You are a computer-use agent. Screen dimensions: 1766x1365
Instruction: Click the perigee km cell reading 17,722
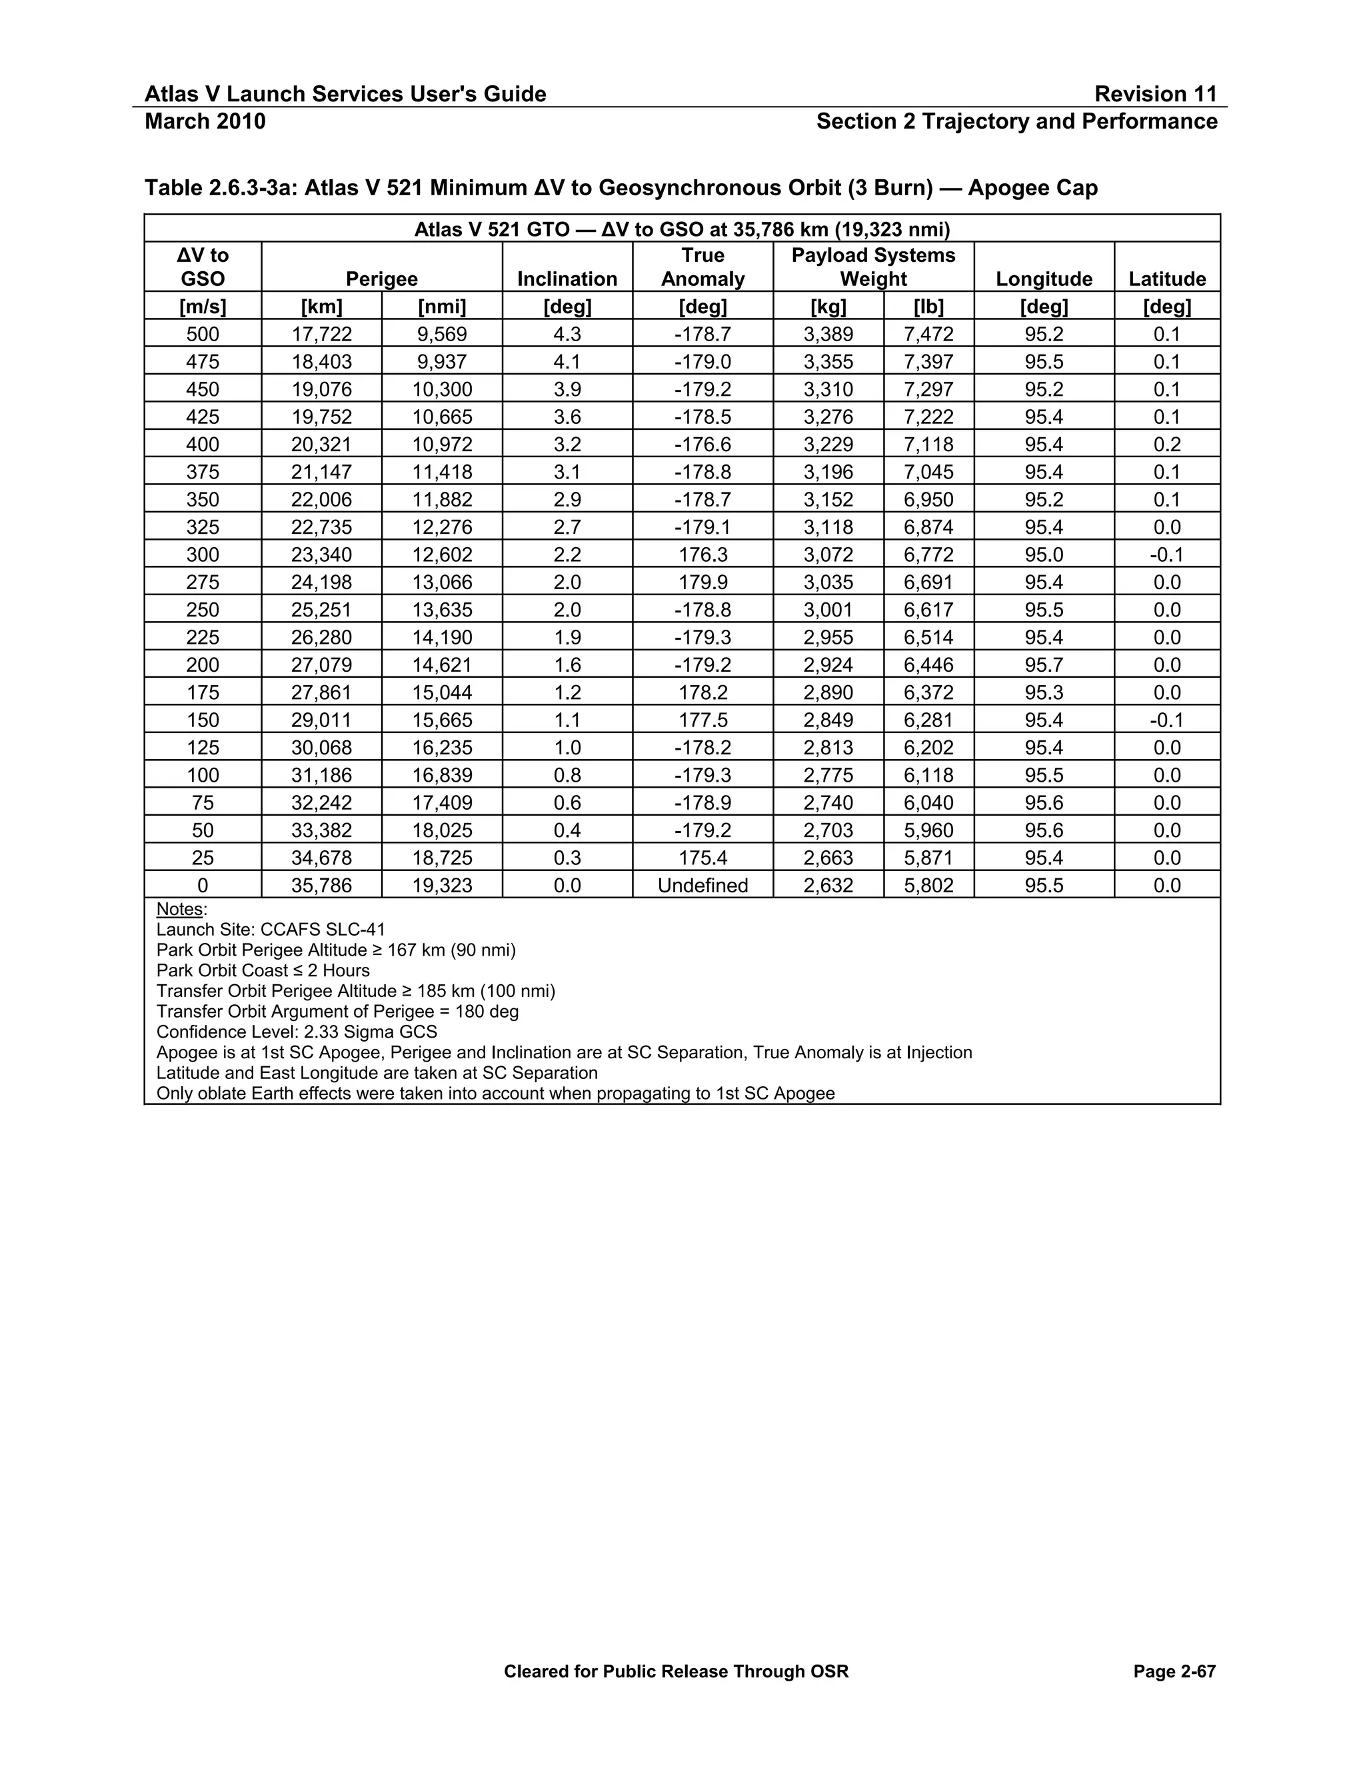tap(321, 334)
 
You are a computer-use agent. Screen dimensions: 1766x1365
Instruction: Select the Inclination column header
tap(567, 279)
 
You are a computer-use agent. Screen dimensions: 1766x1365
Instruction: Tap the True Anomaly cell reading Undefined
tap(702, 886)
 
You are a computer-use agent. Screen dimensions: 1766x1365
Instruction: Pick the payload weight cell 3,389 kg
tap(828, 334)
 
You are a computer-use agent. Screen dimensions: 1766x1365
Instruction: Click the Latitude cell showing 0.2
tap(1166, 444)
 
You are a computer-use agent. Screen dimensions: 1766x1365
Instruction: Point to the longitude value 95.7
tap(1043, 664)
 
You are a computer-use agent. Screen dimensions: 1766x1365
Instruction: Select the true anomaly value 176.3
tap(702, 554)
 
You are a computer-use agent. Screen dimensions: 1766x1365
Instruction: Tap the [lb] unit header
tap(928, 307)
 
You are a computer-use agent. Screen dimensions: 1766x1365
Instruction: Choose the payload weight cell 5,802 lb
tap(928, 886)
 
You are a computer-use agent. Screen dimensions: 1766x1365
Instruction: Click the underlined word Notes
tap(179, 909)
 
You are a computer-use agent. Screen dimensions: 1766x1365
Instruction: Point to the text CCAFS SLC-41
tap(323, 929)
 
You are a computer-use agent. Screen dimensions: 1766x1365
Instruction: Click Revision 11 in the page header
tap(1155, 94)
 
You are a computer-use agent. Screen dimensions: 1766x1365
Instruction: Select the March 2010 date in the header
tap(205, 121)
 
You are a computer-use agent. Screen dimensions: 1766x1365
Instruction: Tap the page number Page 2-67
tap(1174, 1671)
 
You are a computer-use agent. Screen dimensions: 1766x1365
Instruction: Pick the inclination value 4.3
tap(567, 334)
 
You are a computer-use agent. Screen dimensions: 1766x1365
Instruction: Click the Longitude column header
tap(1043, 279)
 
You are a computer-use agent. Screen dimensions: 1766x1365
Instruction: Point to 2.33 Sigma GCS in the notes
tap(371, 1032)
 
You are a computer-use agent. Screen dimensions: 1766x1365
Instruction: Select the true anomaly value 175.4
tap(702, 858)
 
